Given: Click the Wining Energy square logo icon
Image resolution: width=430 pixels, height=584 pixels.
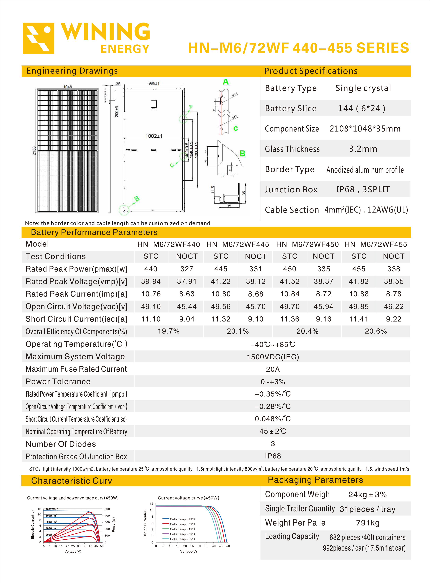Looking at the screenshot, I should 38,38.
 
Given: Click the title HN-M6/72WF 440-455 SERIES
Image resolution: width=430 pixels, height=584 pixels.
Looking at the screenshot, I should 298,48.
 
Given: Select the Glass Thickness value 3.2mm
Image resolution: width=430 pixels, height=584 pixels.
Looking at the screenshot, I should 363,149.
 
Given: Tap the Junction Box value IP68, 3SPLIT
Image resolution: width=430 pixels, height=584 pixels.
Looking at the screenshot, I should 363,190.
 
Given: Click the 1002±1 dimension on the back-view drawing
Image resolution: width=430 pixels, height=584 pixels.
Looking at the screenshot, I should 154,136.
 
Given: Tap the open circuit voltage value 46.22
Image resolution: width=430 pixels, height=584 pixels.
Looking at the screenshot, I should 394,307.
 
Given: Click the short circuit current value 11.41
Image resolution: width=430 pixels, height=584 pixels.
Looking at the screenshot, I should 359,319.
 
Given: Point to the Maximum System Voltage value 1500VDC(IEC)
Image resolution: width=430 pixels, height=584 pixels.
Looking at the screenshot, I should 273,357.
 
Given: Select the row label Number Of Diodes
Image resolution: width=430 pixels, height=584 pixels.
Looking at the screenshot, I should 61,444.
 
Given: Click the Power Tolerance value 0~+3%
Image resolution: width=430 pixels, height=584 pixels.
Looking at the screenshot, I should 273,382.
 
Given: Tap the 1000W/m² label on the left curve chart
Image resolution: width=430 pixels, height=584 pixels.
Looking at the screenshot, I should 51,509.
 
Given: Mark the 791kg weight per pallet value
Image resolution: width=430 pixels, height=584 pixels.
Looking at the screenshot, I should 368,523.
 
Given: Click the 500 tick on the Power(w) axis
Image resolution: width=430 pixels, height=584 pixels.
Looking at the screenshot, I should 107,509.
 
